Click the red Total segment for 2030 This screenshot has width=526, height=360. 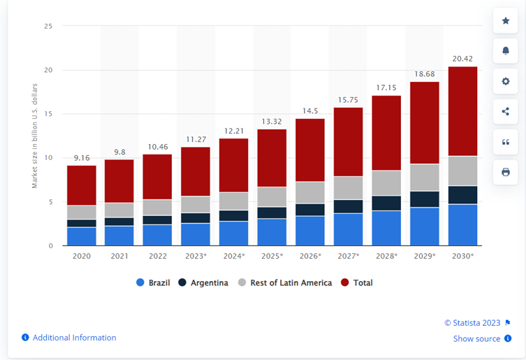click(462, 111)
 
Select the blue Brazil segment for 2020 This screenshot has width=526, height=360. click(82, 236)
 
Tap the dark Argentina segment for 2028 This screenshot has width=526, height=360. click(386, 203)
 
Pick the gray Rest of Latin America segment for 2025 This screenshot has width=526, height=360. click(272, 197)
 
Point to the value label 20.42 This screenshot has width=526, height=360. click(462, 59)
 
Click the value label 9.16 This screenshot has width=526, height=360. click(82, 158)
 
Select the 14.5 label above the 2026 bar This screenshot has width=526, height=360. click(310, 111)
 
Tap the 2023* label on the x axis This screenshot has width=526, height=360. click(196, 256)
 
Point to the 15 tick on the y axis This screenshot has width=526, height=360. click(48, 114)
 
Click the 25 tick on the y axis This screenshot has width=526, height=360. click(48, 26)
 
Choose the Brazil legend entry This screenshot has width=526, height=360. click(153, 283)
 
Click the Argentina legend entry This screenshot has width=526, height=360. click(203, 283)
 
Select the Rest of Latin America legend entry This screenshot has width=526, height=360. click(285, 283)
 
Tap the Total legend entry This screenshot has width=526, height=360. click(356, 283)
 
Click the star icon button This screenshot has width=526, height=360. click(506, 21)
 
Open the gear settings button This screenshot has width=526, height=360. click(506, 81)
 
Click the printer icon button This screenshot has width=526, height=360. click(506, 172)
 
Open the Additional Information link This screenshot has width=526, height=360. click(69, 338)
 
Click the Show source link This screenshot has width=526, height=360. click(483, 338)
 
